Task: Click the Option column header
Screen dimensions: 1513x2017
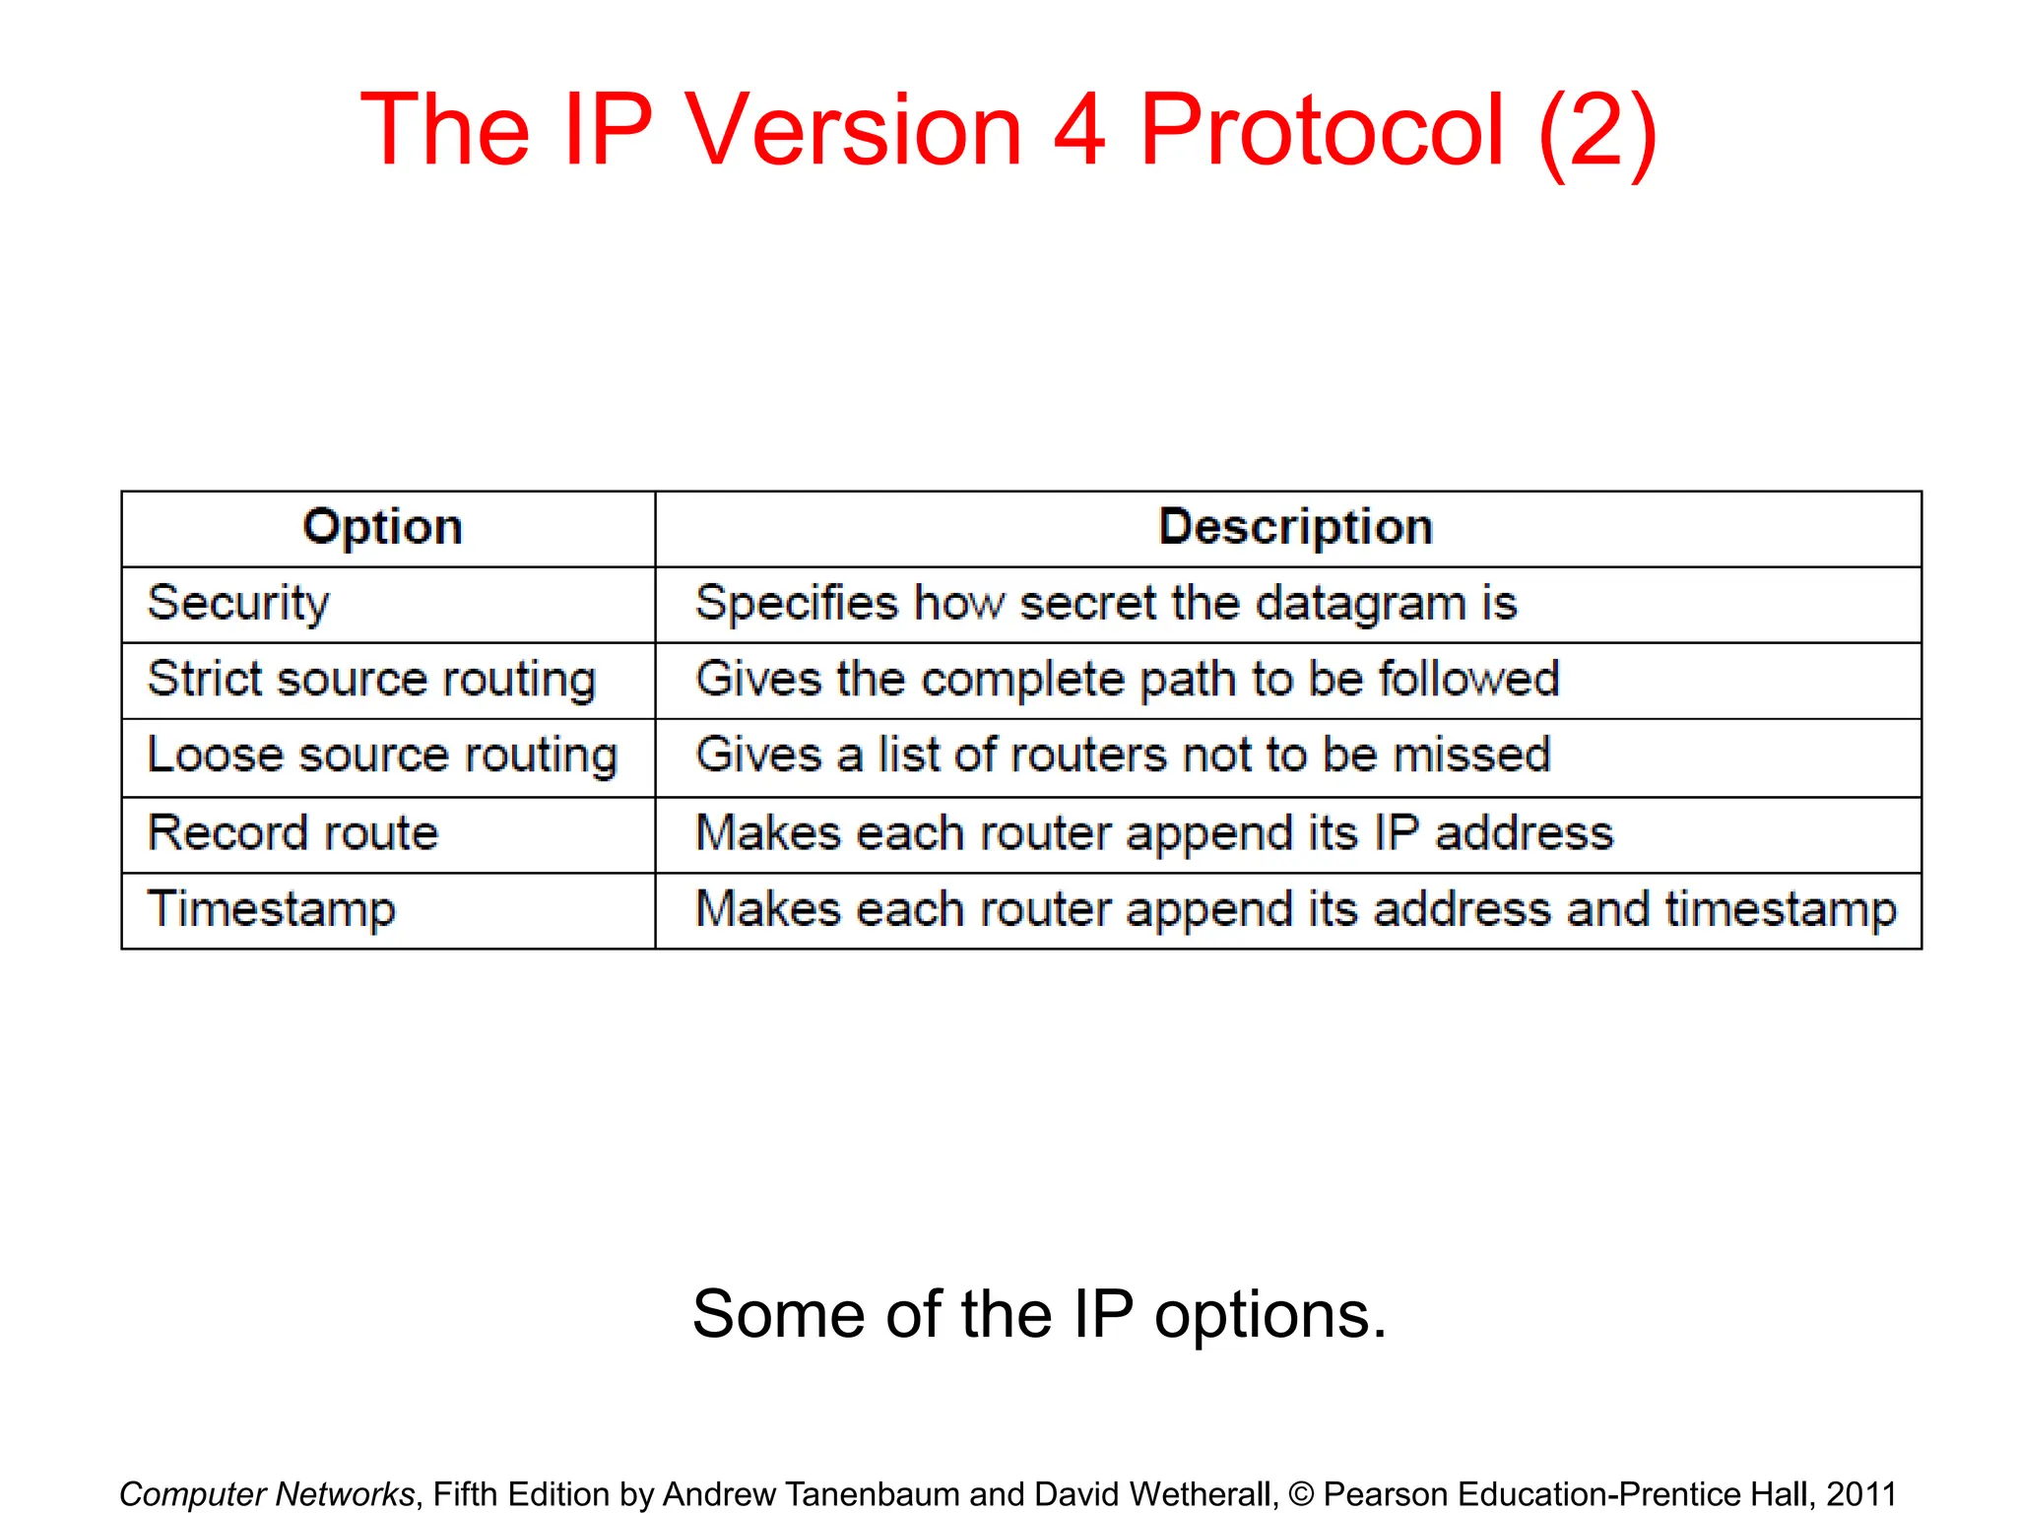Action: tap(382, 527)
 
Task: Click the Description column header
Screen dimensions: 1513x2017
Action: tap(1295, 527)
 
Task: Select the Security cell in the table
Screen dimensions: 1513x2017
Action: tap(238, 603)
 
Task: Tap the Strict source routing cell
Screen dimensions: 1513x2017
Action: tap(371, 680)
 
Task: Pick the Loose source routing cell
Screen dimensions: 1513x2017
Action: tap(382, 756)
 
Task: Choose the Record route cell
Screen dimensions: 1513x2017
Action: tap(293, 833)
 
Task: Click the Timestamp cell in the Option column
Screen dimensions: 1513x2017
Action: tap(272, 909)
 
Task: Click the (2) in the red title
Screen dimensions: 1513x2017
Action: tap(1597, 132)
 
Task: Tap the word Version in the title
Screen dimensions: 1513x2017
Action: tap(854, 130)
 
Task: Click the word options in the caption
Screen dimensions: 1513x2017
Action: tap(1270, 1316)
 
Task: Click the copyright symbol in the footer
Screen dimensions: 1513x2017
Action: tap(1301, 1494)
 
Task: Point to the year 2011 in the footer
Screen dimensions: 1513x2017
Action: tap(1860, 1494)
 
